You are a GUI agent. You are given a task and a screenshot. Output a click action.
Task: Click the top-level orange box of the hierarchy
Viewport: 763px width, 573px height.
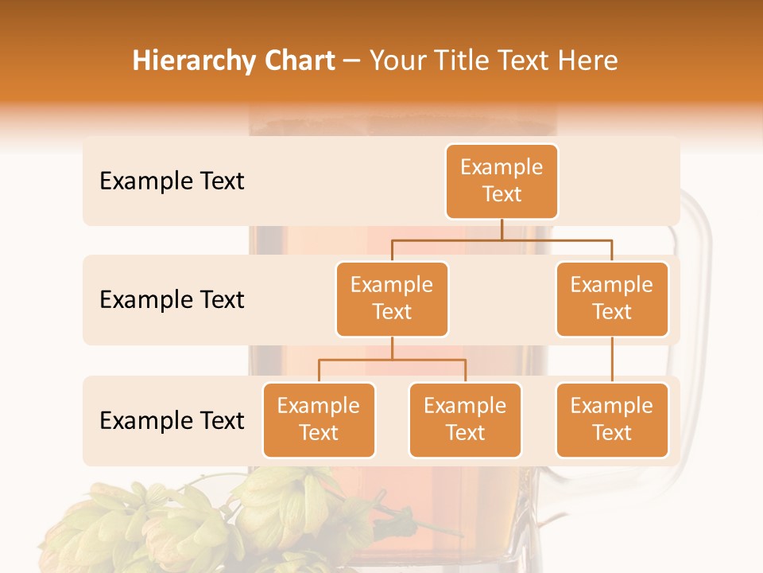click(502, 181)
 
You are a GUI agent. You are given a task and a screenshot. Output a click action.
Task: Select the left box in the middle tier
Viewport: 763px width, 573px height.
click(392, 299)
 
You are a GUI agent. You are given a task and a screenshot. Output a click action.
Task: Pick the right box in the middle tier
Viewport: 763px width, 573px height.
click(612, 299)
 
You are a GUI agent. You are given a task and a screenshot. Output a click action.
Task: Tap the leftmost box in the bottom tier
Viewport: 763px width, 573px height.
click(319, 420)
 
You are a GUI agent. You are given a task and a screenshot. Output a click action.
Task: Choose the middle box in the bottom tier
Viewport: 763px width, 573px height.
click(465, 420)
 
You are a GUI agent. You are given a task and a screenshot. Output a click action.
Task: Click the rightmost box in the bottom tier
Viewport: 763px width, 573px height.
click(612, 420)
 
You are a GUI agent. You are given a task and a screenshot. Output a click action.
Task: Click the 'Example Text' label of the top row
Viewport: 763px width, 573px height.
click(172, 181)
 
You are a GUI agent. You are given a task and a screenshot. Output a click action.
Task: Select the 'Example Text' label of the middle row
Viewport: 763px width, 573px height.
click(172, 300)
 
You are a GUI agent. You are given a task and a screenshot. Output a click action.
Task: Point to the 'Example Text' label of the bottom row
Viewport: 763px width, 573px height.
click(172, 420)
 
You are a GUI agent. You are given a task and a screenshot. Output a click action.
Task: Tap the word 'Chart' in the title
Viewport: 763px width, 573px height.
click(300, 60)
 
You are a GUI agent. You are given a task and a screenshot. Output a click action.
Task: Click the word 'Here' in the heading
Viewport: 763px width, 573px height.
click(588, 60)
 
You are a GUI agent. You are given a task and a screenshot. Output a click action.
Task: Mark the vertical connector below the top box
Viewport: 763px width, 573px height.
click(502, 229)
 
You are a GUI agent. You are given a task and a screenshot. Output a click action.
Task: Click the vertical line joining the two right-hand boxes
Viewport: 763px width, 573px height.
click(612, 360)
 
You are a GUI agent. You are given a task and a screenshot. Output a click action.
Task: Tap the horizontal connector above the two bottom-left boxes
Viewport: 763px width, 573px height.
click(392, 360)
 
